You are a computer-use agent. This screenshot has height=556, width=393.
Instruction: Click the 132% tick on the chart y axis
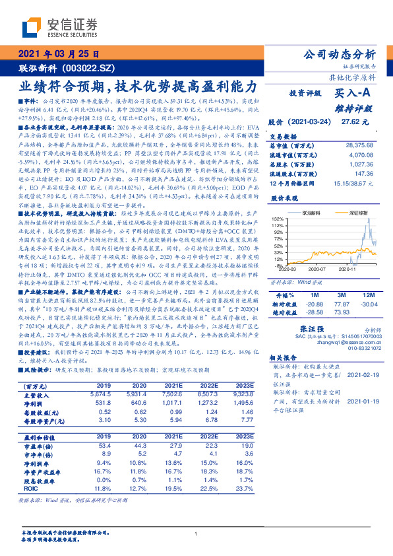278,218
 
